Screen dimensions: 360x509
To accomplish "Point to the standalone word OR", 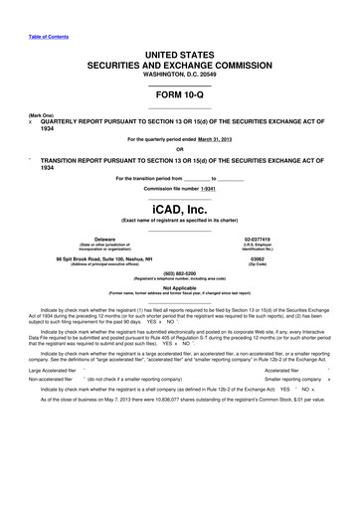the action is [x=179, y=150].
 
